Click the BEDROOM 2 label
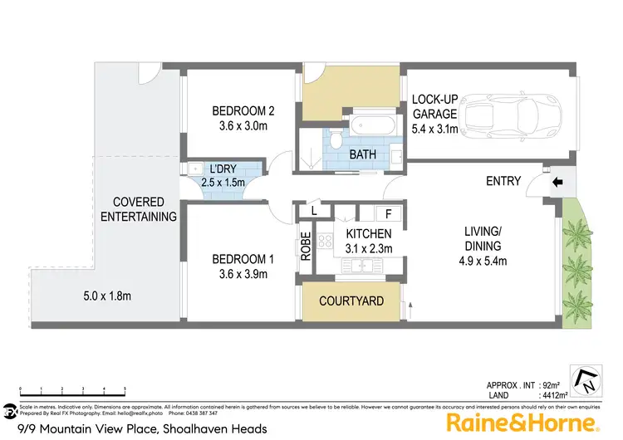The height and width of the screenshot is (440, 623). [243, 111]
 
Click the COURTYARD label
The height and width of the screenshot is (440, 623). [351, 301]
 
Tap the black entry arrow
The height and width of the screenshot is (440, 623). [555, 181]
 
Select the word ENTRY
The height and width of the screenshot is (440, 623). [503, 182]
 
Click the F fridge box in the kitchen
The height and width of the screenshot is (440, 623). [388, 213]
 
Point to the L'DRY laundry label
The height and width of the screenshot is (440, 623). [223, 169]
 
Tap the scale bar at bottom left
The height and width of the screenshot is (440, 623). [72, 390]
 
